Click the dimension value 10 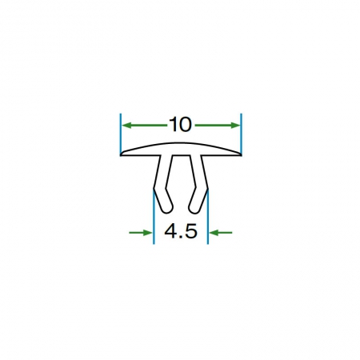click(x=181, y=125)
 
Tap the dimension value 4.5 click(x=181, y=231)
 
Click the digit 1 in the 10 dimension click(x=173, y=125)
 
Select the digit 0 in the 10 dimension click(x=186, y=125)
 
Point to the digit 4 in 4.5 click(x=170, y=231)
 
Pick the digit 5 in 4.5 click(x=191, y=231)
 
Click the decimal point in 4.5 click(x=181, y=236)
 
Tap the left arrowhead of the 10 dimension click(x=126, y=126)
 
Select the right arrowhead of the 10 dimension click(x=235, y=126)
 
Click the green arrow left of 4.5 click(x=141, y=233)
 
